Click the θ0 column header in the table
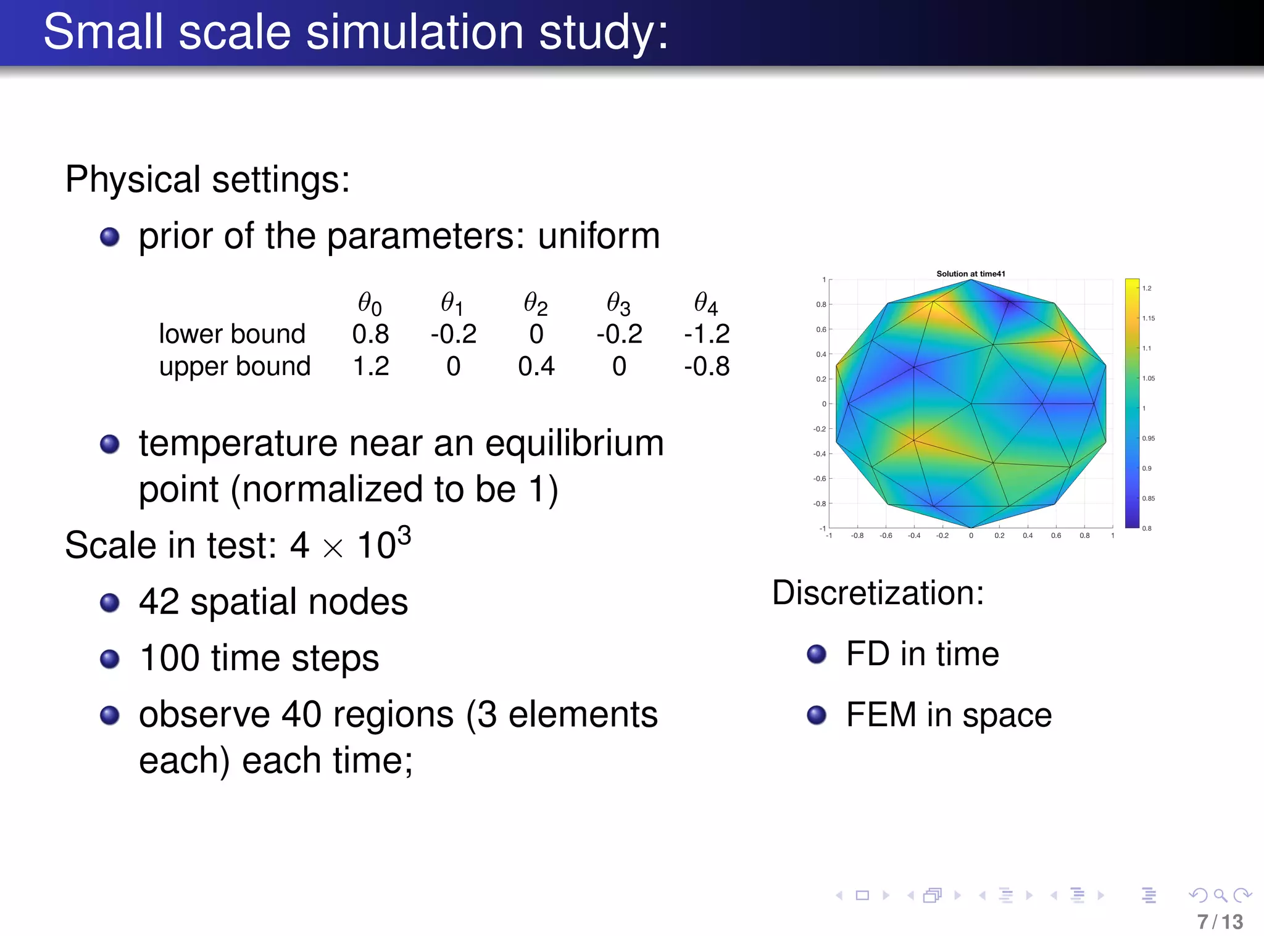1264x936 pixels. pos(370,303)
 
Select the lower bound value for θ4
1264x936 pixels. pos(707,334)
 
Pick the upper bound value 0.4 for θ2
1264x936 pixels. pos(536,367)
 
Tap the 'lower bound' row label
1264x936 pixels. pos(232,334)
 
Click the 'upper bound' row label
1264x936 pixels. pos(235,367)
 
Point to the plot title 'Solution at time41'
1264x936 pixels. pos(970,273)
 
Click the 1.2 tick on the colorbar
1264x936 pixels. pos(1147,288)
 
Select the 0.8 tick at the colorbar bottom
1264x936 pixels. pos(1147,528)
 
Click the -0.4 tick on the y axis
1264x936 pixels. pos(819,454)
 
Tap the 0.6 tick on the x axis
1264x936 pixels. pos(1056,536)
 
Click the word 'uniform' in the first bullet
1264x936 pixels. pos(598,236)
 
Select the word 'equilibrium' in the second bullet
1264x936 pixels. pos(574,443)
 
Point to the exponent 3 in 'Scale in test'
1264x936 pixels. pos(404,535)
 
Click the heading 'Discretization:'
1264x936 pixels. pos(878,592)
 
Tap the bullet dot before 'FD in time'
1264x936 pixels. pos(817,654)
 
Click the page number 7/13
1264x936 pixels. pos(1220,921)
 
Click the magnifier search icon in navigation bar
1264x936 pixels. pos(1220,895)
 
